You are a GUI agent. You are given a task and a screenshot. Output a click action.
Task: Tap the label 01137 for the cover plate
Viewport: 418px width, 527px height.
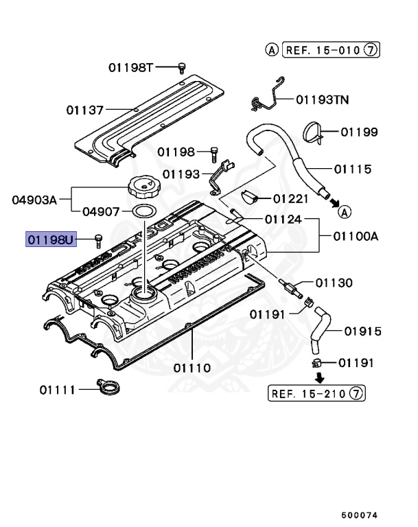point(85,109)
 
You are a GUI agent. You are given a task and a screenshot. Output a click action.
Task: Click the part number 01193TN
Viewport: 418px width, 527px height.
point(322,99)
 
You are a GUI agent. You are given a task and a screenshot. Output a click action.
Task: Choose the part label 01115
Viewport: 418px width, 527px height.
point(353,169)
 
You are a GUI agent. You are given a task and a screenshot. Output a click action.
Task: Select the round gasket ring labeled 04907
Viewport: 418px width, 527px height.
point(142,211)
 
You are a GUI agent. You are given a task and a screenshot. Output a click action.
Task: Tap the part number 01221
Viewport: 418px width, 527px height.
point(293,199)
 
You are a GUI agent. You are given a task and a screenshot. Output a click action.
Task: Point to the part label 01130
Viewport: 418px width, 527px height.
point(334,282)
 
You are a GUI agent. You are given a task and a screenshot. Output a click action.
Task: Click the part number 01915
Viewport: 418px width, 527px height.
point(362,331)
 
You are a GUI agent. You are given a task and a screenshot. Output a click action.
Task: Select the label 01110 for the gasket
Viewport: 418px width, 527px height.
point(191,368)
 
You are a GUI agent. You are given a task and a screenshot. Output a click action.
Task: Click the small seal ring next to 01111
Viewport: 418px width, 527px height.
point(108,389)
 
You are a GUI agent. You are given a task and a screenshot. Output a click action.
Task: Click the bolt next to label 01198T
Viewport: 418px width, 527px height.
point(182,67)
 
